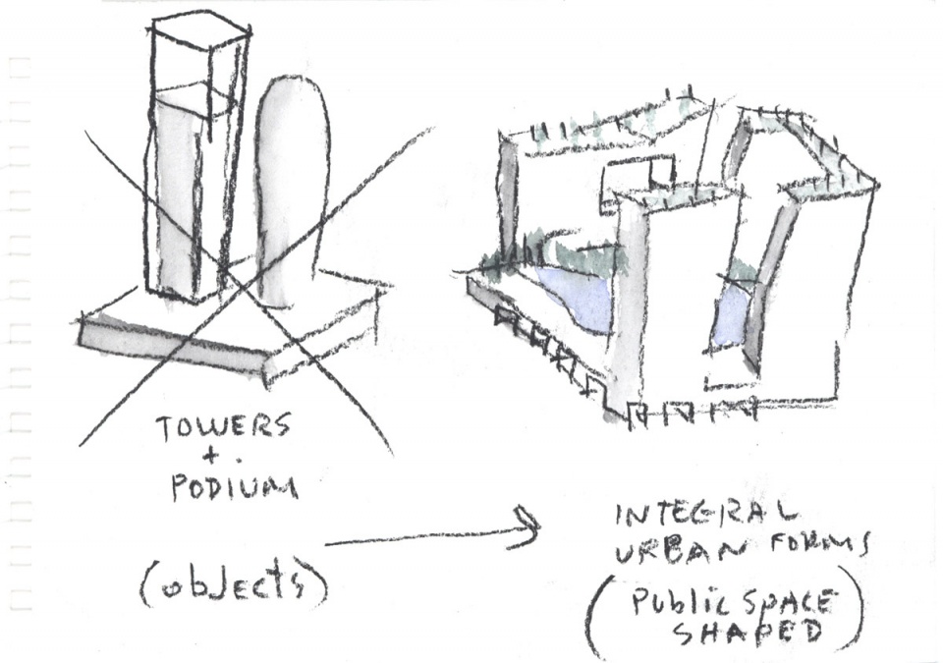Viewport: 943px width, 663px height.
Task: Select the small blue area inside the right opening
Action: (x=732, y=314)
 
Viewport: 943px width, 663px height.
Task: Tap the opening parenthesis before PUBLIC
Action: (x=596, y=619)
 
